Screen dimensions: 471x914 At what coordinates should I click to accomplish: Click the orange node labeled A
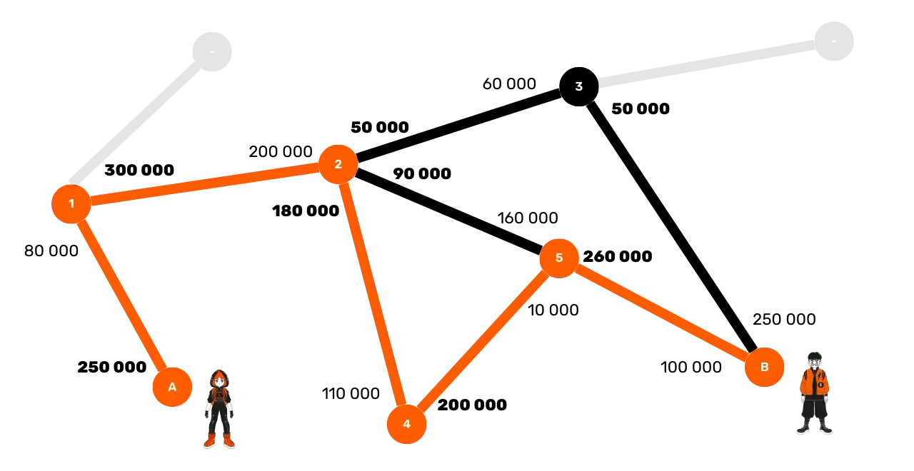[172, 387]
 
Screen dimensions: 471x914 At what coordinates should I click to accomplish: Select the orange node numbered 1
[71, 204]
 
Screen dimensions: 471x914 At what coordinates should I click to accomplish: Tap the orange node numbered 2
[338, 164]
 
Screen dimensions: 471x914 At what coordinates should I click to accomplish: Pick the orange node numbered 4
[406, 424]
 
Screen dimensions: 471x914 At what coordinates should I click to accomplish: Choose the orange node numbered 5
[559, 258]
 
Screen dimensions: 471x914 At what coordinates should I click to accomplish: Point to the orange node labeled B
[764, 368]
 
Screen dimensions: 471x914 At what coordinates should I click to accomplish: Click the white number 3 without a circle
[578, 86]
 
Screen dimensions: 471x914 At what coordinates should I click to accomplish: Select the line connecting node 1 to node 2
[204, 184]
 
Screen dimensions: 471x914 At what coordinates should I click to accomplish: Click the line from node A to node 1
[121, 295]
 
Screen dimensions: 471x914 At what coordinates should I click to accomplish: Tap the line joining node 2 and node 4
[372, 294]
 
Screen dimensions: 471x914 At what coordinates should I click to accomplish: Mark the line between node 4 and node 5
[483, 341]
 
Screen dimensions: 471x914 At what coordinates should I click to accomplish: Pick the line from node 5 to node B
[661, 313]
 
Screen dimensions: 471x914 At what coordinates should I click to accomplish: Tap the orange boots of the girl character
[219, 441]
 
